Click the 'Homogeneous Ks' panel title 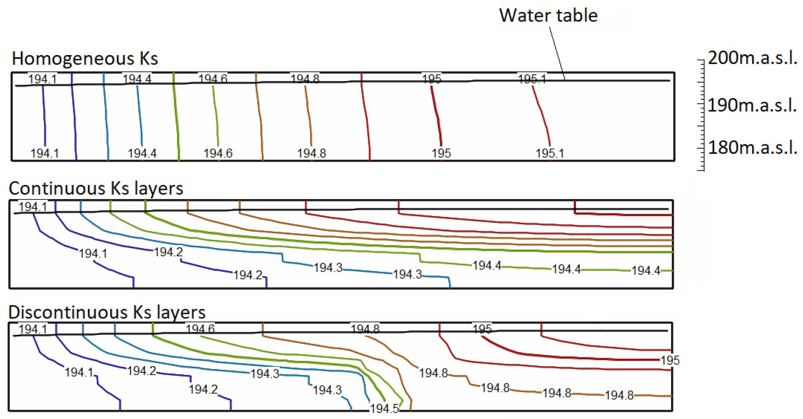(85, 59)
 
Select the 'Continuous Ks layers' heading (96, 188)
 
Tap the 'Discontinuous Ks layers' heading (107, 312)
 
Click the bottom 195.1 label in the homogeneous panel (550, 153)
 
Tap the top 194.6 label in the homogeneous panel (213, 79)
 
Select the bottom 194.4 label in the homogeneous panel (142, 153)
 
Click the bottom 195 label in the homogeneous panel (441, 153)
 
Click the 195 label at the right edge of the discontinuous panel (670, 360)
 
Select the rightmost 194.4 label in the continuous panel (646, 271)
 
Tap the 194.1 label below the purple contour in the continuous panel (93, 254)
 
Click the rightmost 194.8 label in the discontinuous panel (619, 395)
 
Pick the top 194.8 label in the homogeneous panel (305, 79)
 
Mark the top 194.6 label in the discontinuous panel (200, 329)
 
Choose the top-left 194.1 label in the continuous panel (33, 207)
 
